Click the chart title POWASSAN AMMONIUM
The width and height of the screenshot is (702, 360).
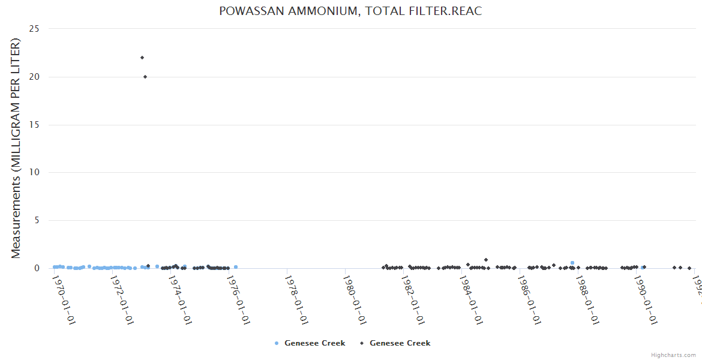pos(350,11)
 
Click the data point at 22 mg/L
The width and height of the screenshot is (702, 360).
pos(142,58)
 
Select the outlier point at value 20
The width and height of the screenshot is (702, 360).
pos(145,77)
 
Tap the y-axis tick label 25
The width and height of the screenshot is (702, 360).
pos(36,29)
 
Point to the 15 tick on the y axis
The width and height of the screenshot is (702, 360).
pos(36,125)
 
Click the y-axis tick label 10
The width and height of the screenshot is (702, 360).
pos(36,173)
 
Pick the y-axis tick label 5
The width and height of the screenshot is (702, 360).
pos(38,220)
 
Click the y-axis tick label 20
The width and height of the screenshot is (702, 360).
pos(36,77)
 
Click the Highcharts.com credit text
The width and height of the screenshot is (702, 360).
pos(673,355)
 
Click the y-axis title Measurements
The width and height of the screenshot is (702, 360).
pos(16,148)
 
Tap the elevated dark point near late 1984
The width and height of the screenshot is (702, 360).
pos(485,260)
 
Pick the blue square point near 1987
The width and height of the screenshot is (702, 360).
pos(572,263)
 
